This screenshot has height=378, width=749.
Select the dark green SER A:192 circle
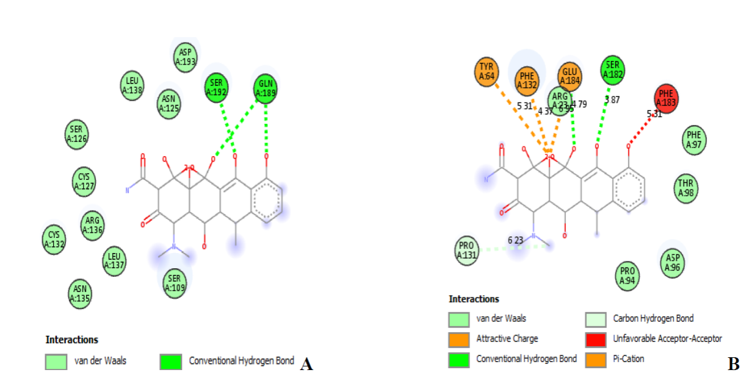pyautogui.click(x=217, y=88)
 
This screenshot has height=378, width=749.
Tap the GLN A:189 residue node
pyautogui.click(x=266, y=88)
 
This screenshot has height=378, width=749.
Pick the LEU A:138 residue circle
pyautogui.click(x=132, y=86)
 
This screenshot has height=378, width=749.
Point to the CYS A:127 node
pyautogui.click(x=84, y=180)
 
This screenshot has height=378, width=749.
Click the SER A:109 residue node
pyautogui.click(x=175, y=283)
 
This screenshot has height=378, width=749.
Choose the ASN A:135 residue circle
pyautogui.click(x=80, y=293)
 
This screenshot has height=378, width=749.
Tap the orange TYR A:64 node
pyautogui.click(x=487, y=72)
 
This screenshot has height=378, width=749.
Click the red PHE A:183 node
pyautogui.click(x=666, y=99)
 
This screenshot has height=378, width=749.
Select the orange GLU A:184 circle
pyautogui.click(x=570, y=77)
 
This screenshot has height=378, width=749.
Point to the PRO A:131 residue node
pyautogui.click(x=466, y=250)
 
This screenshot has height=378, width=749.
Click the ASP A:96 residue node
pyautogui.click(x=672, y=263)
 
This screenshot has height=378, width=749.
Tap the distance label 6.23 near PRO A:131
pyautogui.click(x=515, y=240)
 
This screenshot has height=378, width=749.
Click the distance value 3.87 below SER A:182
pyautogui.click(x=612, y=99)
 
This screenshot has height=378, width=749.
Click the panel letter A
pyautogui.click(x=306, y=365)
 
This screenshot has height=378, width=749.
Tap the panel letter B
pyautogui.click(x=733, y=365)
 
